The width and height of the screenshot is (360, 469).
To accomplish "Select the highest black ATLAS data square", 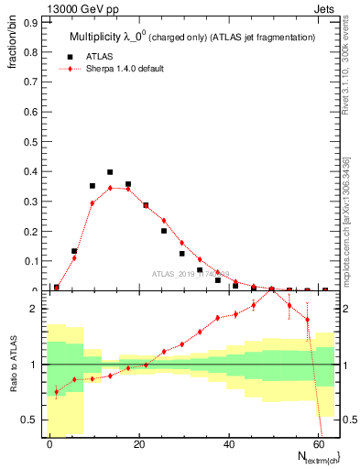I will click(x=110, y=172).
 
